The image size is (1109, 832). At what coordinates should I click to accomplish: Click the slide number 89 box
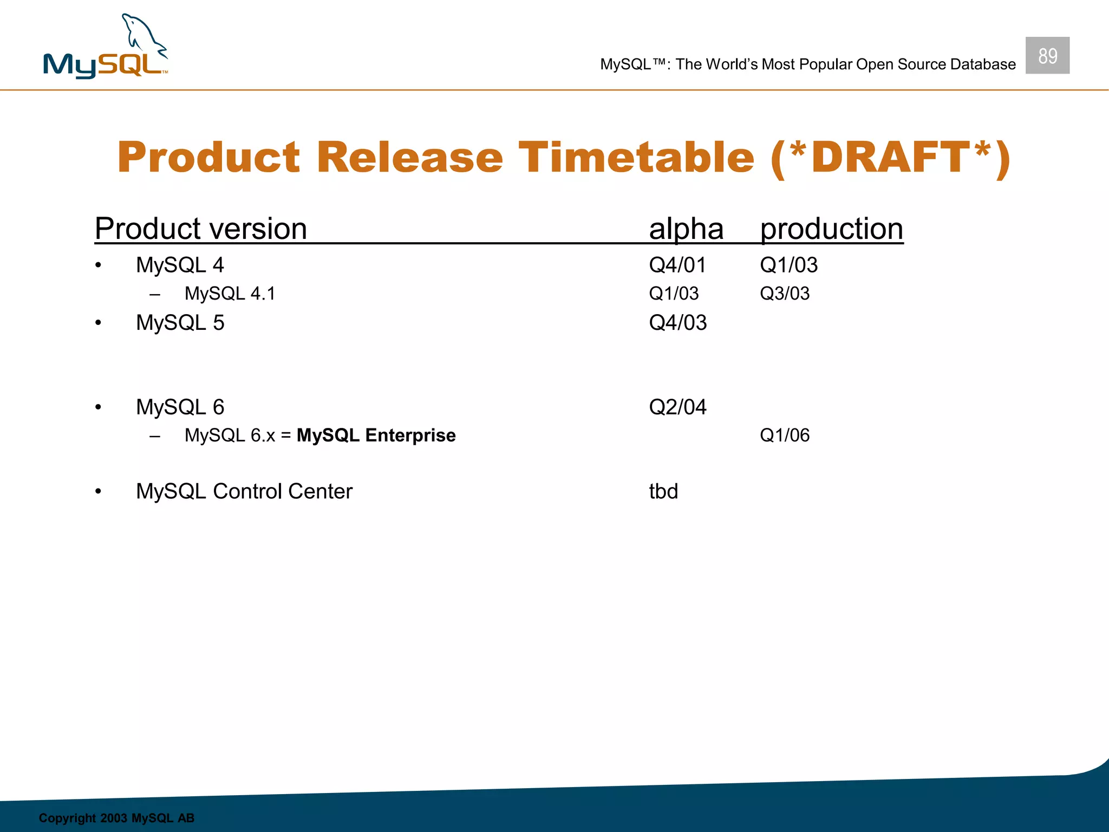click(1047, 55)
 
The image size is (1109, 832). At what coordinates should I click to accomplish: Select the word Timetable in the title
click(636, 157)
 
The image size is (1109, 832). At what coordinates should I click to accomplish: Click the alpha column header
click(686, 229)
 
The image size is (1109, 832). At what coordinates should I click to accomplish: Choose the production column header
click(831, 229)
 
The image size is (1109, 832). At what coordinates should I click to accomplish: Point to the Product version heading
click(201, 229)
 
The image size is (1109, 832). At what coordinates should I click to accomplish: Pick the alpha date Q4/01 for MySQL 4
click(677, 265)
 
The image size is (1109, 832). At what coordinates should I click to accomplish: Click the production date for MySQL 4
click(788, 265)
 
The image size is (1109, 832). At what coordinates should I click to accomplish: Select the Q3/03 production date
click(785, 293)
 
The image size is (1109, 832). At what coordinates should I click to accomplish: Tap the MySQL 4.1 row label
click(230, 293)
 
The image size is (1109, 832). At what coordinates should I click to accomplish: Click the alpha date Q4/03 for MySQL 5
click(678, 323)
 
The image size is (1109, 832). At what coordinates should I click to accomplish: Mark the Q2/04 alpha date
click(677, 407)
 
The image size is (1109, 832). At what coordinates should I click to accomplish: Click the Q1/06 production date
click(785, 435)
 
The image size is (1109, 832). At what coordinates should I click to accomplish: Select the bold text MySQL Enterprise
click(376, 435)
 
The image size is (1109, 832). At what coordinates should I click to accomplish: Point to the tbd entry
click(663, 491)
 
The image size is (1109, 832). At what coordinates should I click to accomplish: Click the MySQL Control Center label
click(244, 491)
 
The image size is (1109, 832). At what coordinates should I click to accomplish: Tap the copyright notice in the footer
click(116, 818)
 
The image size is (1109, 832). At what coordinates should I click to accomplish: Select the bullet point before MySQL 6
click(98, 407)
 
